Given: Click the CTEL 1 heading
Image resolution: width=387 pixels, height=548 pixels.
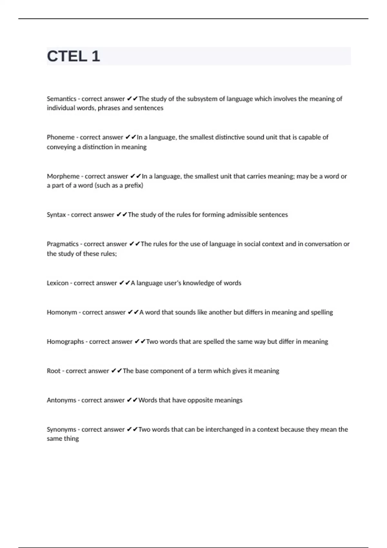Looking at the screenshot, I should pos(74,56).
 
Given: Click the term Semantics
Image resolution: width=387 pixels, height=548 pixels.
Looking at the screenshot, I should pos(61,99).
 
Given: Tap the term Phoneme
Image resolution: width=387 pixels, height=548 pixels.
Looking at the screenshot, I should pos(61,137).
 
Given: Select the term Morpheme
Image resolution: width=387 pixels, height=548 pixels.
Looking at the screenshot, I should pos(63,176).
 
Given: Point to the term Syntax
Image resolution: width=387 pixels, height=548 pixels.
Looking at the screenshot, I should pos(56,215).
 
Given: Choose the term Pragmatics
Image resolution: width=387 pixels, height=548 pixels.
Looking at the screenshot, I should pos(63,244).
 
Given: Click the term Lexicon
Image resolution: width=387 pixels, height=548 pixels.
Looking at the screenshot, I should pos(57,283).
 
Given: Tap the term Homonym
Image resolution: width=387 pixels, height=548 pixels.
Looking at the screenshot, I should pos(62,312).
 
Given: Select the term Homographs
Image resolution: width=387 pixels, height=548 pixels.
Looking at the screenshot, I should pos(65,342).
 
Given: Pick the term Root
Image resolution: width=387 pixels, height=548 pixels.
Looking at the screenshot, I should pos(54,371).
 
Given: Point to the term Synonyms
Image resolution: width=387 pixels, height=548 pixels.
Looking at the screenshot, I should pos(61,430).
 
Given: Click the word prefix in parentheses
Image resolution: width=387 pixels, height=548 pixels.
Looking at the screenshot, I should pos(133,185).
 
